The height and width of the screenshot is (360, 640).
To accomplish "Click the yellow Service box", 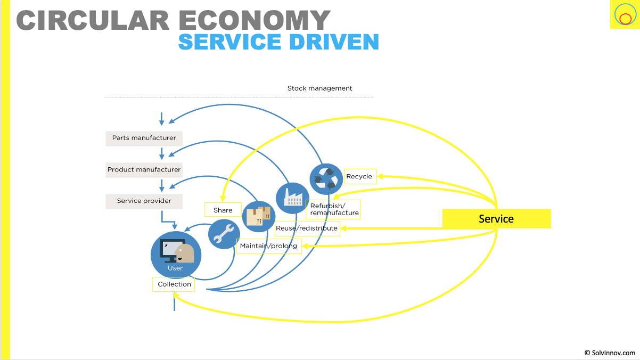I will pos(496,218).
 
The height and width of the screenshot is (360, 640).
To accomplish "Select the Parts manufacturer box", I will pos(144,138).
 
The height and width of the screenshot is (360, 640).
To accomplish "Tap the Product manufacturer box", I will pos(144,170).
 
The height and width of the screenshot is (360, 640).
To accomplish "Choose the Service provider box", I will pos(144,201).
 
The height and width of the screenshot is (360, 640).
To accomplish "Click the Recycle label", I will pos(359,176).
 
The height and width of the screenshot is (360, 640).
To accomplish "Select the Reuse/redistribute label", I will pos(307,228).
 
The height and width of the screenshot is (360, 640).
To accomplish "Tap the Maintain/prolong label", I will pos(269,246).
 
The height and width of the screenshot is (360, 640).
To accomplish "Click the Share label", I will pos(223,210).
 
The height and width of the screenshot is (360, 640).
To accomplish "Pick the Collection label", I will pos(174,284).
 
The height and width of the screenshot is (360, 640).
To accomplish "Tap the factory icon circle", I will pos(292,198).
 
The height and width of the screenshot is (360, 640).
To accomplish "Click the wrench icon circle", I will pos(224,234).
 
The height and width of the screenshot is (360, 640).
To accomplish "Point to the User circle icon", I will pos(176,255).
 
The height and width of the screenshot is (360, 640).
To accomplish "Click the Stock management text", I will pos(319,88).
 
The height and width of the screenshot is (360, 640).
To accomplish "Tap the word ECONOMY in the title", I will pos(255,20).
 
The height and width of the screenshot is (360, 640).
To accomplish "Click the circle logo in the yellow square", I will pos(624,15).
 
